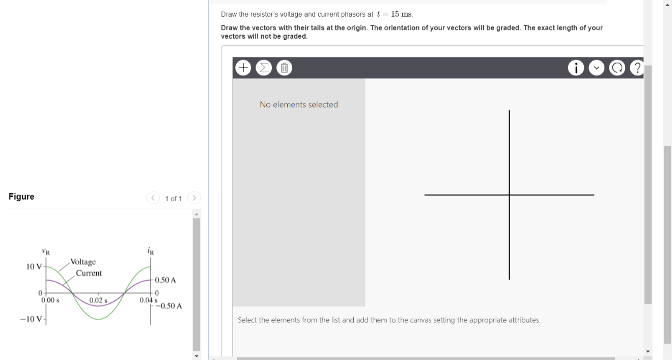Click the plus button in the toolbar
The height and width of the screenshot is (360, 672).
click(x=243, y=67)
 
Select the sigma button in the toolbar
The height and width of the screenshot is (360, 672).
click(x=264, y=67)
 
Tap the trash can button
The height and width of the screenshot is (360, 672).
click(x=284, y=67)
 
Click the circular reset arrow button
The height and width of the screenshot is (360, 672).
click(x=618, y=67)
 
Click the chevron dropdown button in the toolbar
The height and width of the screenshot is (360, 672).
click(x=597, y=67)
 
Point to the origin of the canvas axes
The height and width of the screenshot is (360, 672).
click(x=509, y=195)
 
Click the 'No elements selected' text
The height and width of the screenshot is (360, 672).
click(x=298, y=104)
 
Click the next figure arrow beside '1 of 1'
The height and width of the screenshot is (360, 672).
click(x=194, y=198)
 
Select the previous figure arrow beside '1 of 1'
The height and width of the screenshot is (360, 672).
click(x=153, y=198)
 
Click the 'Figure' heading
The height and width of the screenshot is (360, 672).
click(x=21, y=197)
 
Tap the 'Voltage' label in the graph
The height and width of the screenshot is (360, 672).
click(x=83, y=262)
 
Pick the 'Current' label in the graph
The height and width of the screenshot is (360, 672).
click(x=89, y=273)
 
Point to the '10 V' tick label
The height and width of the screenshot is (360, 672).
click(x=35, y=267)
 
